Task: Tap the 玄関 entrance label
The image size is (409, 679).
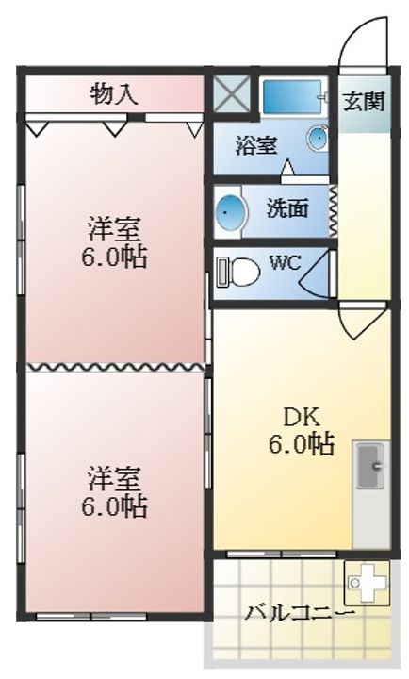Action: pos(363,102)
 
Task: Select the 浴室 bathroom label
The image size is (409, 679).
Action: pos(255,146)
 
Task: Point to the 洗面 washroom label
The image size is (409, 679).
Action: pos(286,209)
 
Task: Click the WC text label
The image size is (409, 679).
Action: pos(285,263)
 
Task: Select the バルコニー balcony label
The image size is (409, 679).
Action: pos(300,614)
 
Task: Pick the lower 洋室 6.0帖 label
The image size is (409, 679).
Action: pos(115,490)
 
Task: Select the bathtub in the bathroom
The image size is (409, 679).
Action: pos(291,97)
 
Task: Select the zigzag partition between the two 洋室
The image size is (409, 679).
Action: pos(115,366)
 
